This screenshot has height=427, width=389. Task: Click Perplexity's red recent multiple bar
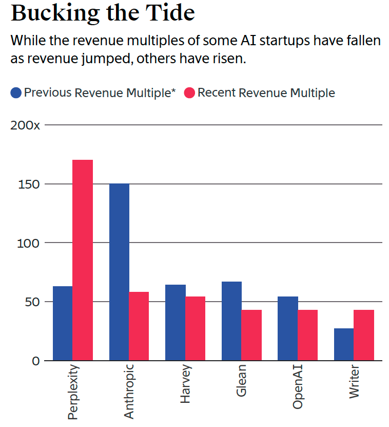click(x=83, y=260)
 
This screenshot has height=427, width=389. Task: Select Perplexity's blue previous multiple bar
click(x=63, y=323)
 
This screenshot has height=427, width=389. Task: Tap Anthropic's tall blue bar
click(x=120, y=272)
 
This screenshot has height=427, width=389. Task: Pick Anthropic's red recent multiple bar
click(x=139, y=326)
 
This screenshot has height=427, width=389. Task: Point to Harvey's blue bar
click(x=176, y=323)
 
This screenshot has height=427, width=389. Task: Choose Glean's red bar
click(x=251, y=335)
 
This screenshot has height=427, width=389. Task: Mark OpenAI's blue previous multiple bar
click(x=288, y=328)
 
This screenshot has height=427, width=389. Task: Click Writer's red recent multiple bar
click(x=364, y=335)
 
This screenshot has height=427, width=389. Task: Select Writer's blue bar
click(x=344, y=344)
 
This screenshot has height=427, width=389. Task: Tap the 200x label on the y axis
click(x=25, y=125)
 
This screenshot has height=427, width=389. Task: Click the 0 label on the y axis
click(x=35, y=361)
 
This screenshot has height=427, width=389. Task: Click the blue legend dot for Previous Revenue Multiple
click(x=16, y=93)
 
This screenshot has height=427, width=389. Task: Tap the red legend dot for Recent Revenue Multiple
click(x=189, y=93)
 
